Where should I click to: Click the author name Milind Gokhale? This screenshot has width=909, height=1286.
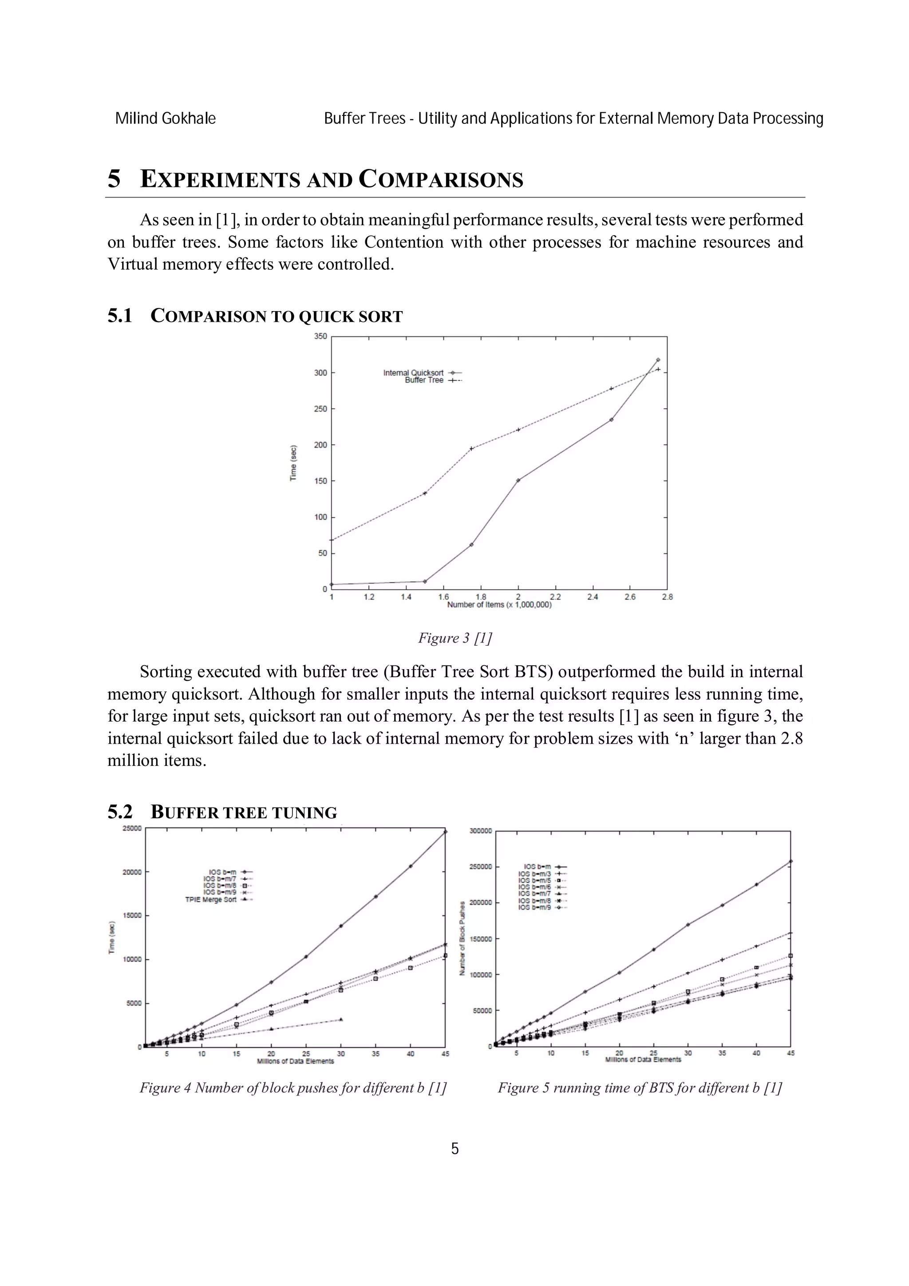click(x=165, y=119)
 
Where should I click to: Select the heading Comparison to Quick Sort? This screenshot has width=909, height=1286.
click(x=276, y=316)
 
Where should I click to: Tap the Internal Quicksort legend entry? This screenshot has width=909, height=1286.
click(x=421, y=372)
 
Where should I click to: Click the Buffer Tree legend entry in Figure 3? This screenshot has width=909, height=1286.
click(x=431, y=380)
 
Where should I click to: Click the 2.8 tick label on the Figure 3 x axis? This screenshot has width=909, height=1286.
click(x=667, y=597)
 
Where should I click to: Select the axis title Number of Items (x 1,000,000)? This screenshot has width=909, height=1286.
click(x=499, y=605)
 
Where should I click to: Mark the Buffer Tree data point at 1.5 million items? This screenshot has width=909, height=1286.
click(x=424, y=493)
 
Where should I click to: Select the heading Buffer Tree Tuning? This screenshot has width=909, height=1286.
click(x=244, y=813)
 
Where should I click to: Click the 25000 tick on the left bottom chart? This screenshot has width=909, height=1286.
click(x=132, y=828)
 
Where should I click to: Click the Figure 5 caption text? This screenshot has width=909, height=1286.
click(x=640, y=1088)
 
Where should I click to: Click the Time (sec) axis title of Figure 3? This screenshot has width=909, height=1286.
click(x=293, y=463)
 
